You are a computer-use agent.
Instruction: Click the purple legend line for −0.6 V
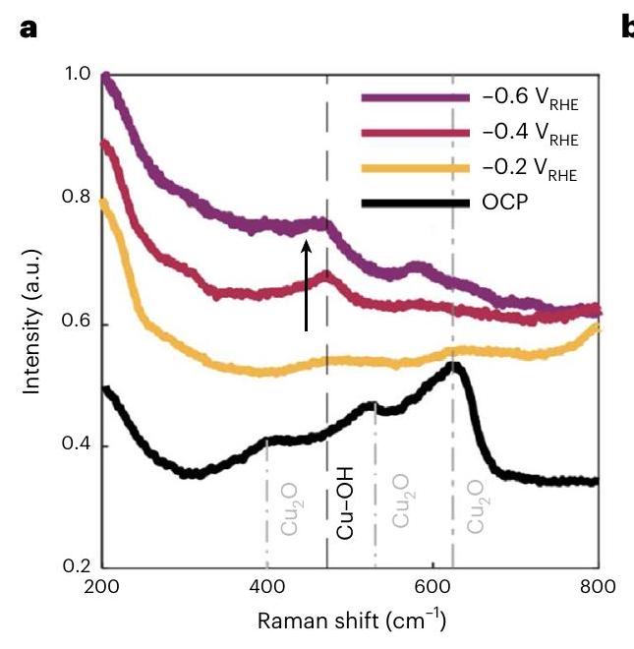414,97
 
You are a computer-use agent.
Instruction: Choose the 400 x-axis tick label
266,589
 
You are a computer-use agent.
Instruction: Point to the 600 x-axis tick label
432,589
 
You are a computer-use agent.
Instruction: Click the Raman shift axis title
350,621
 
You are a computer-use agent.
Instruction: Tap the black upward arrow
307,285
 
